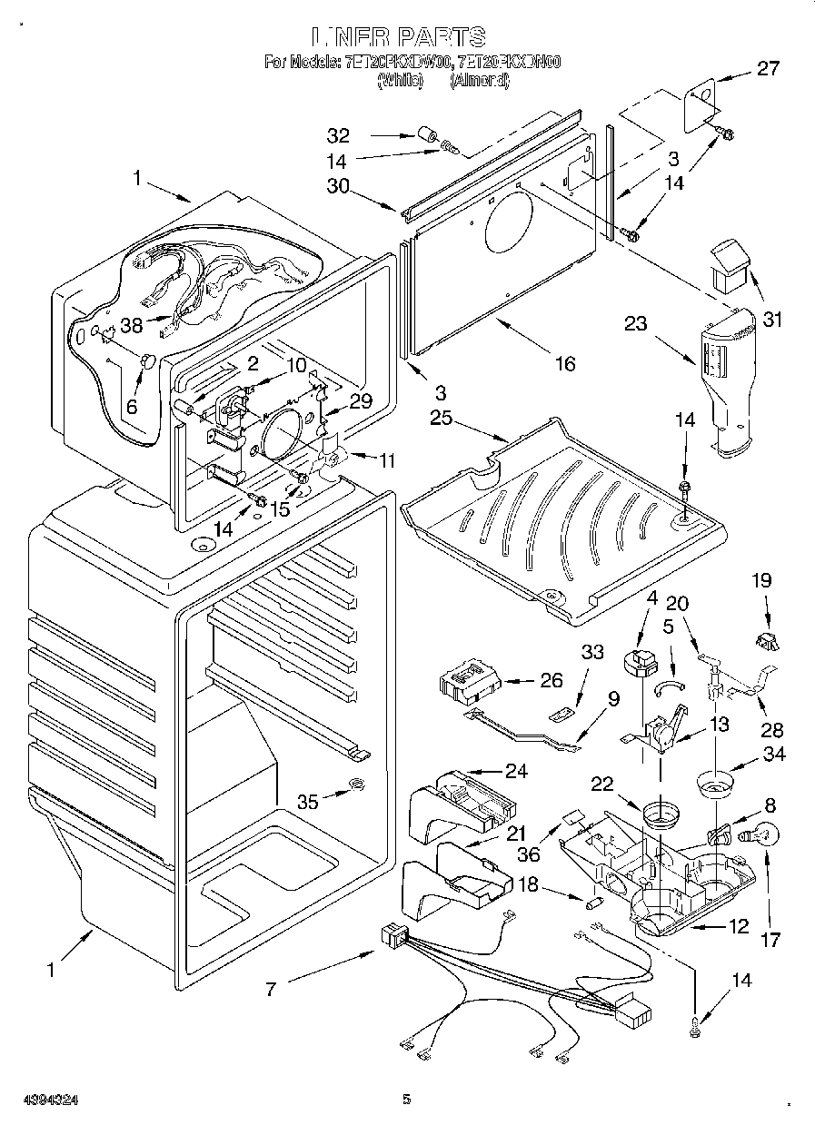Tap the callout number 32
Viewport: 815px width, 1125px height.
339,136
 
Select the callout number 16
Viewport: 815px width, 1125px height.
565,363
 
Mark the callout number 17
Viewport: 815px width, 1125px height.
770,940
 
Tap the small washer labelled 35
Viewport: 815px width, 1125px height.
357,784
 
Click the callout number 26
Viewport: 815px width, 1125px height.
551,679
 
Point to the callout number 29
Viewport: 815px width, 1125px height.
361,400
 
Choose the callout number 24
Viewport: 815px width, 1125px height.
516,772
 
